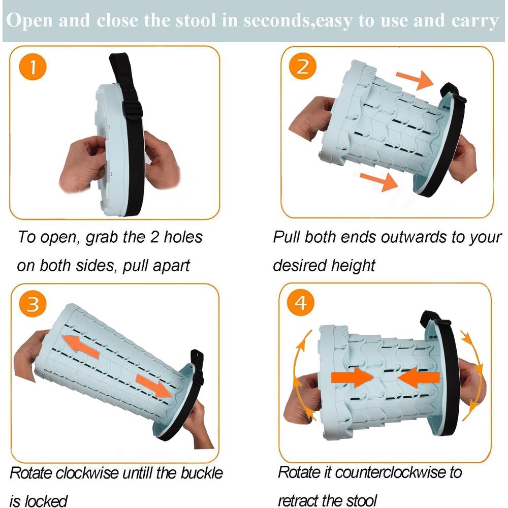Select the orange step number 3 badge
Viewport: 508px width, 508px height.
coord(33,304)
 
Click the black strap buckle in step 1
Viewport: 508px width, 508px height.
coord(133,110)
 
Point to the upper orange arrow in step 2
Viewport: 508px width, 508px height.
coord(415,79)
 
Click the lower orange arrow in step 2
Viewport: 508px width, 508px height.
coord(379,181)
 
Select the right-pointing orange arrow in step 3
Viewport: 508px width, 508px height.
coord(154,386)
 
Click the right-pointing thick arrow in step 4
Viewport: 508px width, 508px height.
coord(353,377)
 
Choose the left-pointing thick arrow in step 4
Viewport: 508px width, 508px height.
coord(419,377)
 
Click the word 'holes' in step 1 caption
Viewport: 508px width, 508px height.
coord(183,237)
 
